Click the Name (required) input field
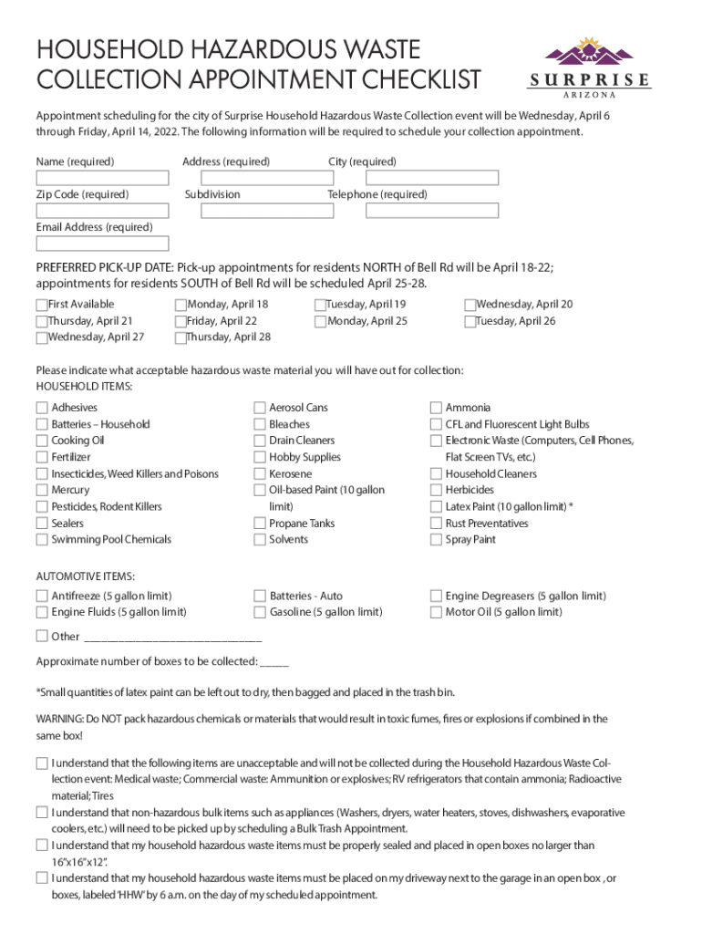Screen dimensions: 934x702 (102, 178)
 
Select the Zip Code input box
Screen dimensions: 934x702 (102, 211)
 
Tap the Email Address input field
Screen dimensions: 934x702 (102, 244)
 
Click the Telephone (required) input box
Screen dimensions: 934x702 (432, 211)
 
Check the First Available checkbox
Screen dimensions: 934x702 (42, 306)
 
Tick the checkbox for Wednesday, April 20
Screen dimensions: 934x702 (470, 306)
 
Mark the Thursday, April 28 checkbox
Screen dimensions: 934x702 (181, 337)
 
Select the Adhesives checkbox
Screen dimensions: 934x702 (42, 408)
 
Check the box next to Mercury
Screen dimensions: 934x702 (42, 491)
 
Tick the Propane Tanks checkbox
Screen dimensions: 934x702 (260, 524)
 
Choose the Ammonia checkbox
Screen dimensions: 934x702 (436, 408)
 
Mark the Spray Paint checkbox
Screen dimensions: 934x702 (436, 540)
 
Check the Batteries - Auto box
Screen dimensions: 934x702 (260, 597)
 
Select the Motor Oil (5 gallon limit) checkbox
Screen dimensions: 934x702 (436, 613)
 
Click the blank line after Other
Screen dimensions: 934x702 (172, 638)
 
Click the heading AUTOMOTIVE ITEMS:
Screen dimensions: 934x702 (86, 576)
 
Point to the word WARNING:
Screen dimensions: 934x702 (59, 720)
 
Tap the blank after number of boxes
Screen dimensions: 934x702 (274, 663)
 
